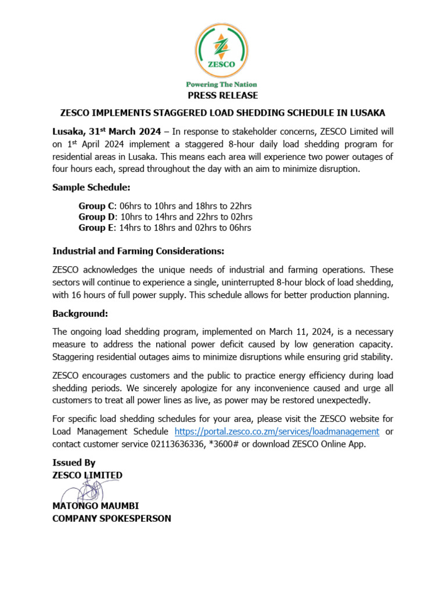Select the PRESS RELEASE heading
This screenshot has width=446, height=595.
click(223, 95)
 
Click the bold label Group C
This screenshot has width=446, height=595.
click(96, 206)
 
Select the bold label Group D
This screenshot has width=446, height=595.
click(97, 217)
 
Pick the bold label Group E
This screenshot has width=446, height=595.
click(96, 228)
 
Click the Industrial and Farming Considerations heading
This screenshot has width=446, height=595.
click(138, 251)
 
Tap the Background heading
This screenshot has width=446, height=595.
click(80, 314)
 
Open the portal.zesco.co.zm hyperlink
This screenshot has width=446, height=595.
click(277, 432)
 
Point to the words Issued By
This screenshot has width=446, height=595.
click(74, 463)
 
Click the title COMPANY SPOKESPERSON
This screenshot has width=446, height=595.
click(111, 518)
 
